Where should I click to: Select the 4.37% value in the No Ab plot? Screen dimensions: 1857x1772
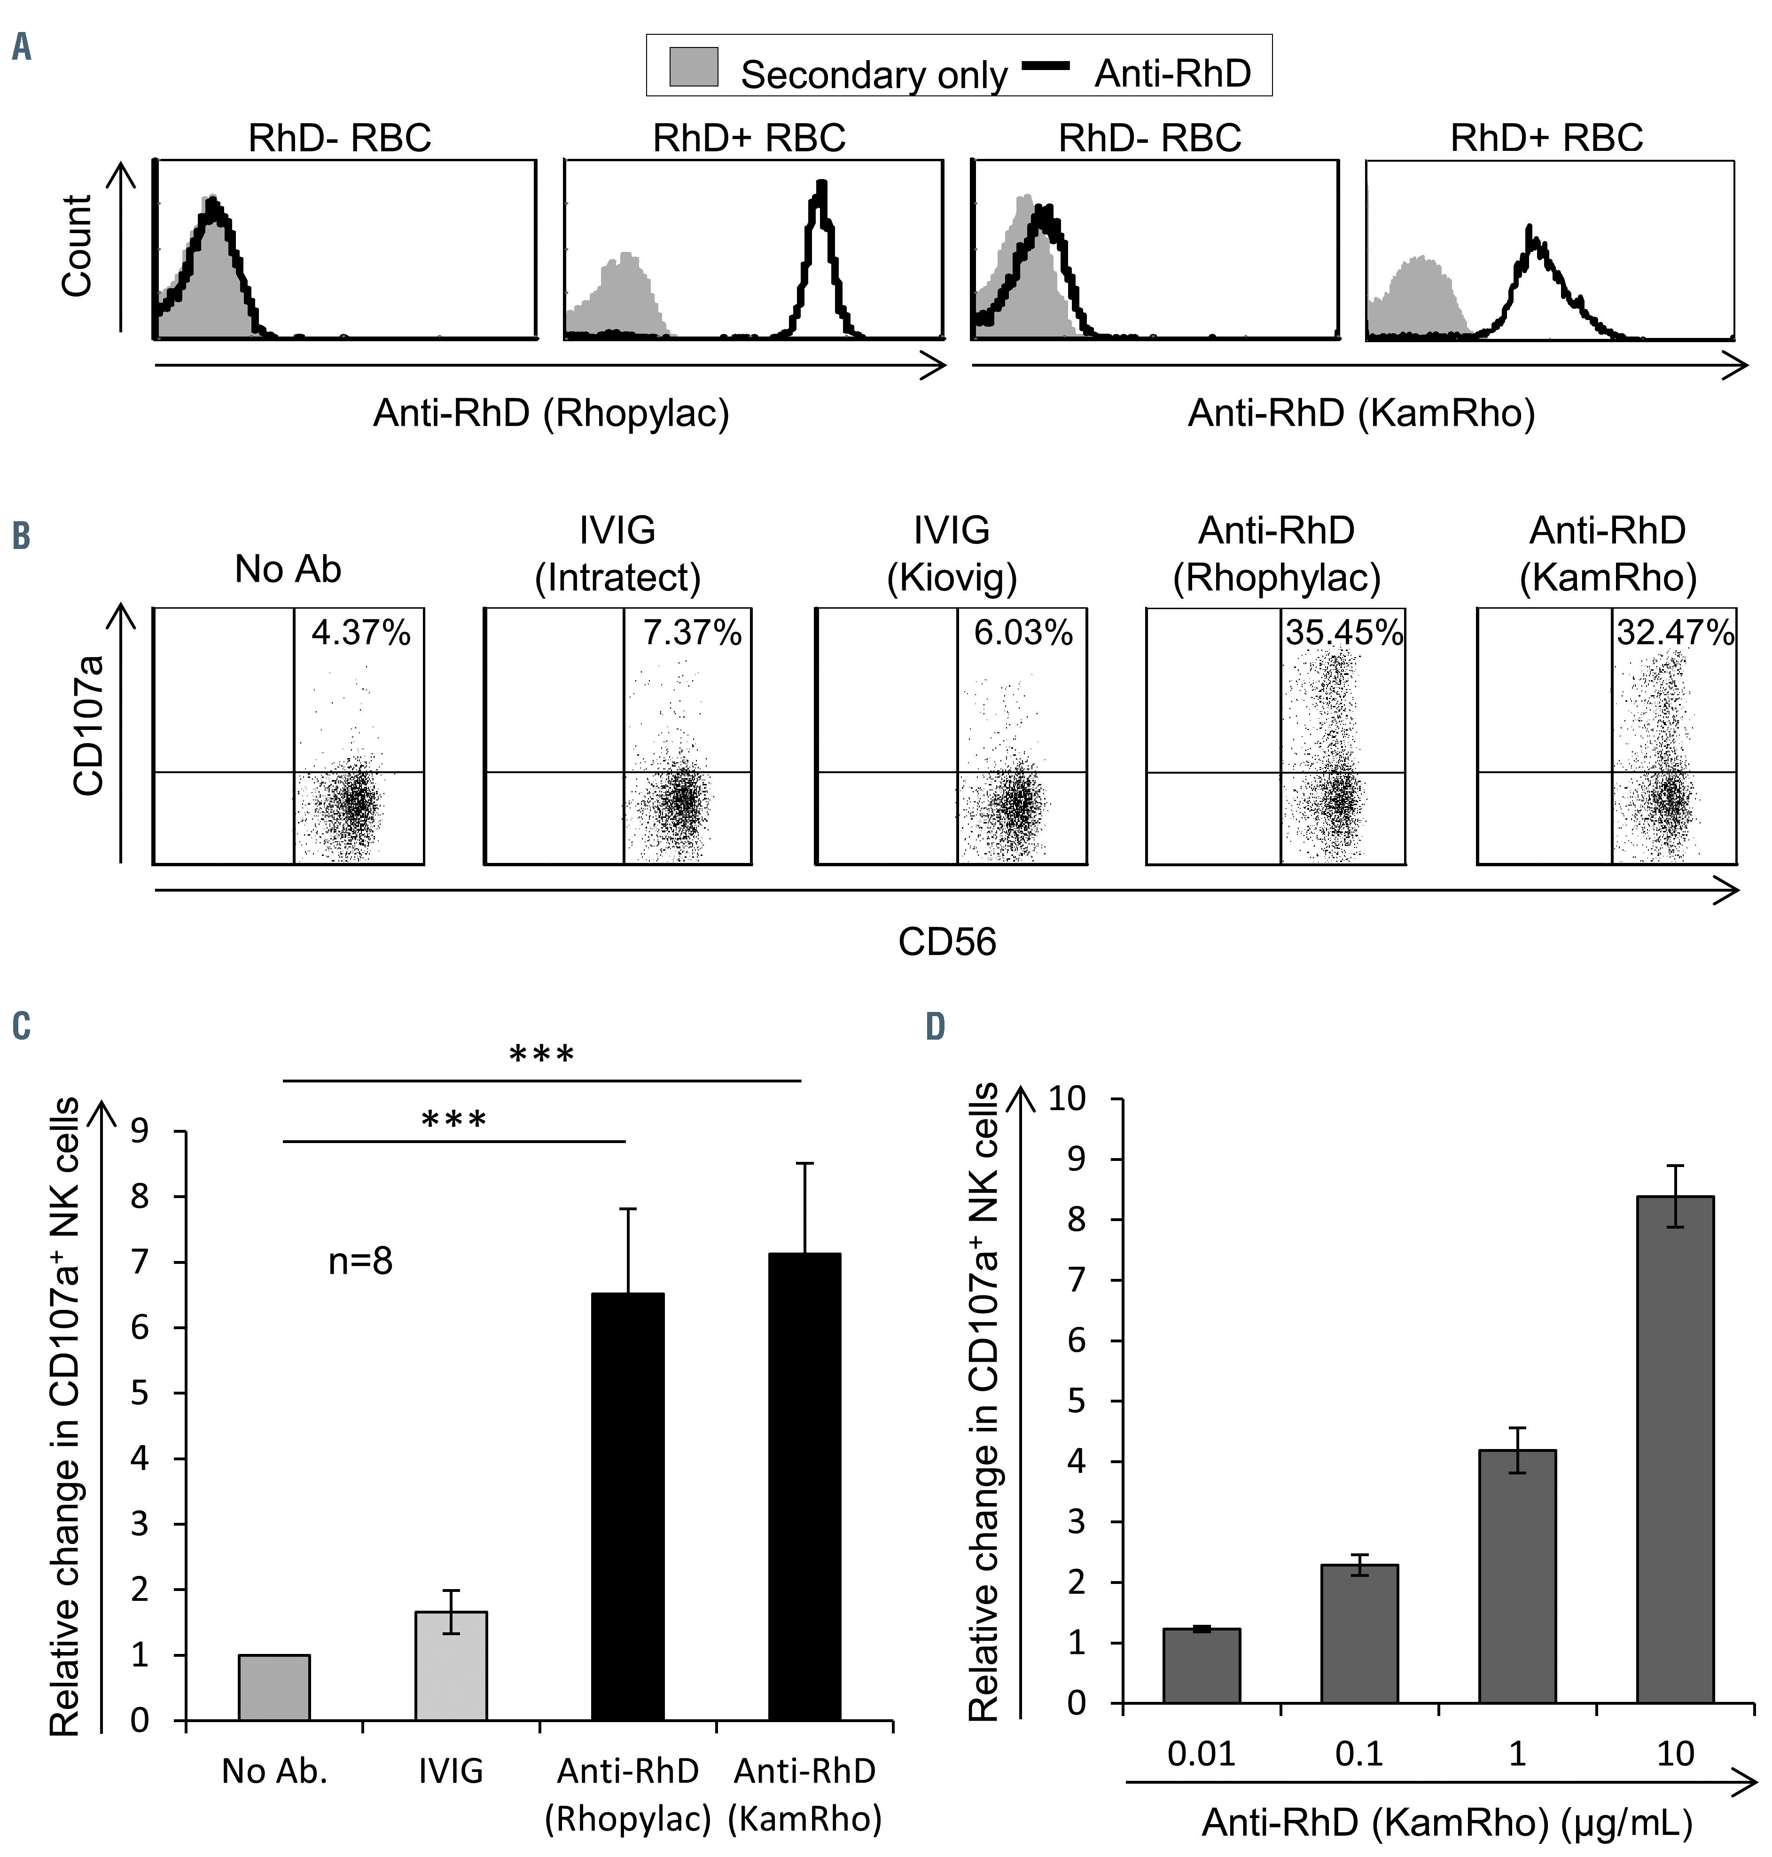[361, 633]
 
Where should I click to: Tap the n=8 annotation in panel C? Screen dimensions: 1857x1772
[360, 1261]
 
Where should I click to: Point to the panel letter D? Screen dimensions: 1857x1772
[935, 1027]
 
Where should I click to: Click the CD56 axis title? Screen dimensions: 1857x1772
[947, 942]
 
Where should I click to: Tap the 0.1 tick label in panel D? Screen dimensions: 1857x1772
[1359, 1754]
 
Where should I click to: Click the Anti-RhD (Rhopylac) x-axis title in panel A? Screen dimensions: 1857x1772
[551, 413]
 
